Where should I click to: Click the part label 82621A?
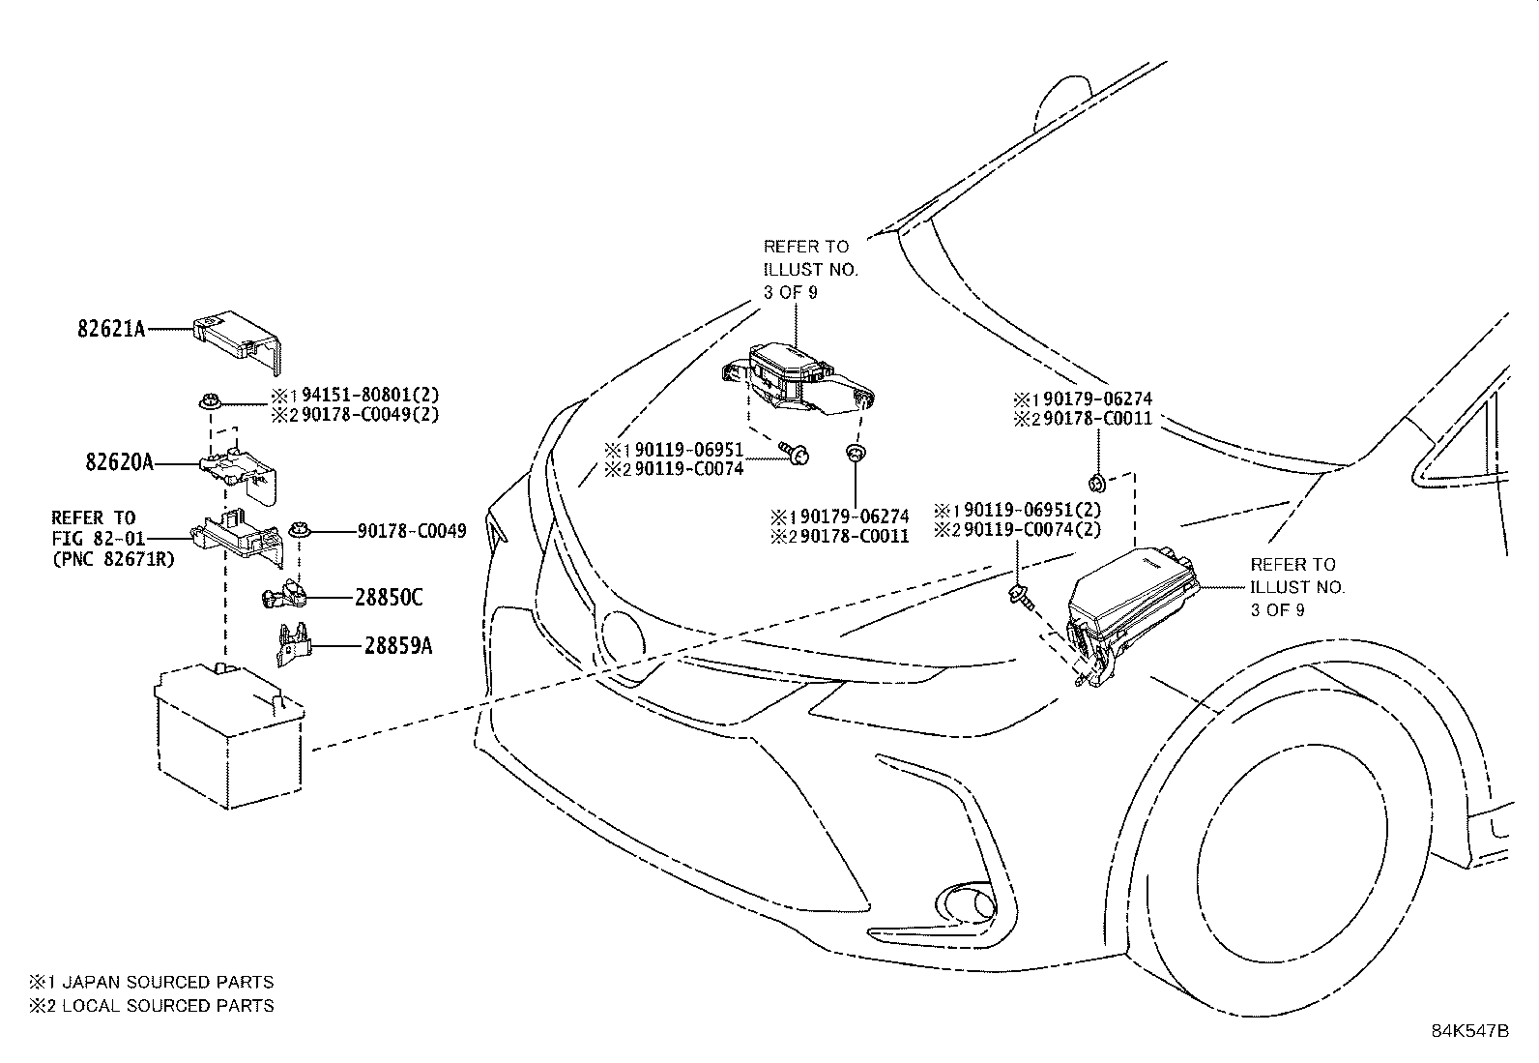tap(111, 329)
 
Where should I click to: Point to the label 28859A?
tap(398, 645)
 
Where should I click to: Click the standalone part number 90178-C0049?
tap(411, 531)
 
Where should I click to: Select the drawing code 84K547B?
tap(1469, 1031)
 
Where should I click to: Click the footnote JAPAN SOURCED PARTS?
tap(167, 982)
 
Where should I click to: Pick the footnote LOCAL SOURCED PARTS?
tap(167, 1006)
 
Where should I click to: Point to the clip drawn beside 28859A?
tap(293, 645)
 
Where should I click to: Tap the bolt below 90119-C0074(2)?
tap(1021, 597)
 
